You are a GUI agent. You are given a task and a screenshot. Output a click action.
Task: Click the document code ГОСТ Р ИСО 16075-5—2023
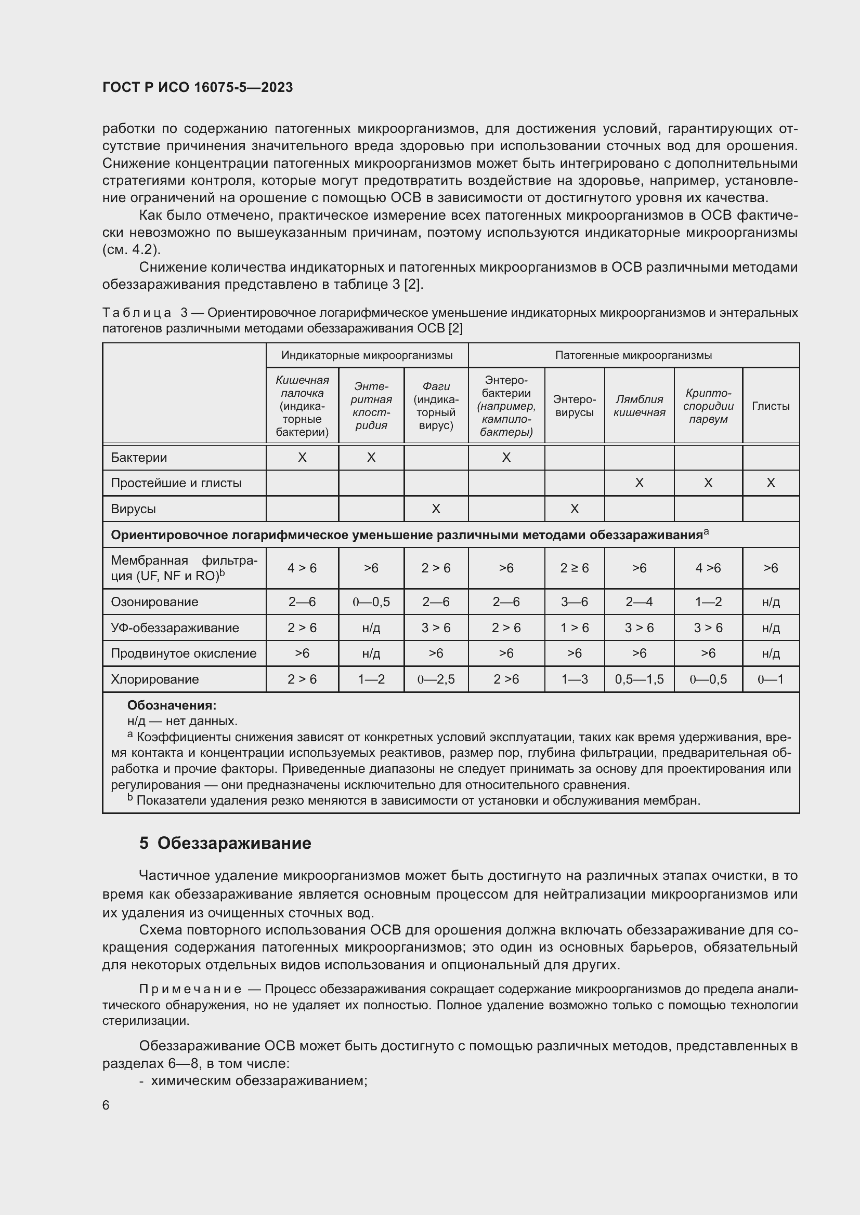click(198, 87)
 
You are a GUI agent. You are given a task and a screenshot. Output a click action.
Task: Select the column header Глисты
click(771, 406)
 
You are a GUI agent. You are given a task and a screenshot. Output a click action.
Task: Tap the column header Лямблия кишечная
click(639, 406)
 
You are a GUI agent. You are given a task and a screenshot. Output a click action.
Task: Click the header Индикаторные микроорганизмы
click(367, 355)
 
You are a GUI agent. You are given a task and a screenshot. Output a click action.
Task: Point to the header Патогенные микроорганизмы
click(633, 355)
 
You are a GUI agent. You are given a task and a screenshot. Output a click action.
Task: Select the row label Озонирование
click(154, 602)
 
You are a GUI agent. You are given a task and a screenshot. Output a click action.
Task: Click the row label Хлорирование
click(154, 679)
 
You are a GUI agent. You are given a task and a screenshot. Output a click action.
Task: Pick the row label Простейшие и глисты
click(176, 483)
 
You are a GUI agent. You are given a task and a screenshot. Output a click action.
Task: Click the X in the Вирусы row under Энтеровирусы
click(574, 509)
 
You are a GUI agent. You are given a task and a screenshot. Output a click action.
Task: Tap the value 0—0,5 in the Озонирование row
click(371, 602)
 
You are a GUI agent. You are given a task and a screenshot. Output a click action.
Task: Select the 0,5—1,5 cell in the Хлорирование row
click(639, 679)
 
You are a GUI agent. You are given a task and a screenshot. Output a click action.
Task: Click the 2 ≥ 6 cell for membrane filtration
click(574, 568)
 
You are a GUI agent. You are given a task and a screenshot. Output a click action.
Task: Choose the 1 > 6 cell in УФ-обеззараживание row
click(574, 627)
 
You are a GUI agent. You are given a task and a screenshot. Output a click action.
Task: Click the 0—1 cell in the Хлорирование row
click(771, 679)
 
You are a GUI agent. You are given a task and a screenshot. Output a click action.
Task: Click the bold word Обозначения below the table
click(172, 705)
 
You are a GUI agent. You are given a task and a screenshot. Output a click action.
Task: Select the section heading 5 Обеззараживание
click(225, 843)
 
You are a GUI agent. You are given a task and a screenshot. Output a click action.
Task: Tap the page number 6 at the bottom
click(106, 1105)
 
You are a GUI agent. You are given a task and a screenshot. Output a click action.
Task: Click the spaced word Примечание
click(190, 989)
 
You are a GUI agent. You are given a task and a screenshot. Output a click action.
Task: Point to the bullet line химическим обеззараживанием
click(259, 1080)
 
